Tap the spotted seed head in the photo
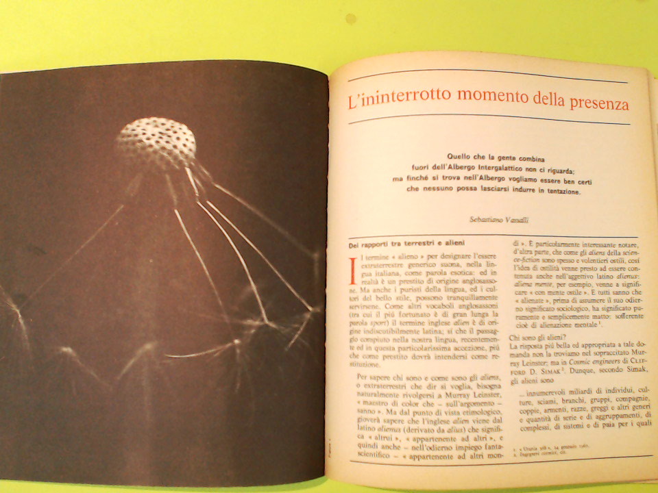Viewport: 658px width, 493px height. click(x=156, y=142)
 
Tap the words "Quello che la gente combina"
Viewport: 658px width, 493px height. click(x=491, y=158)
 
